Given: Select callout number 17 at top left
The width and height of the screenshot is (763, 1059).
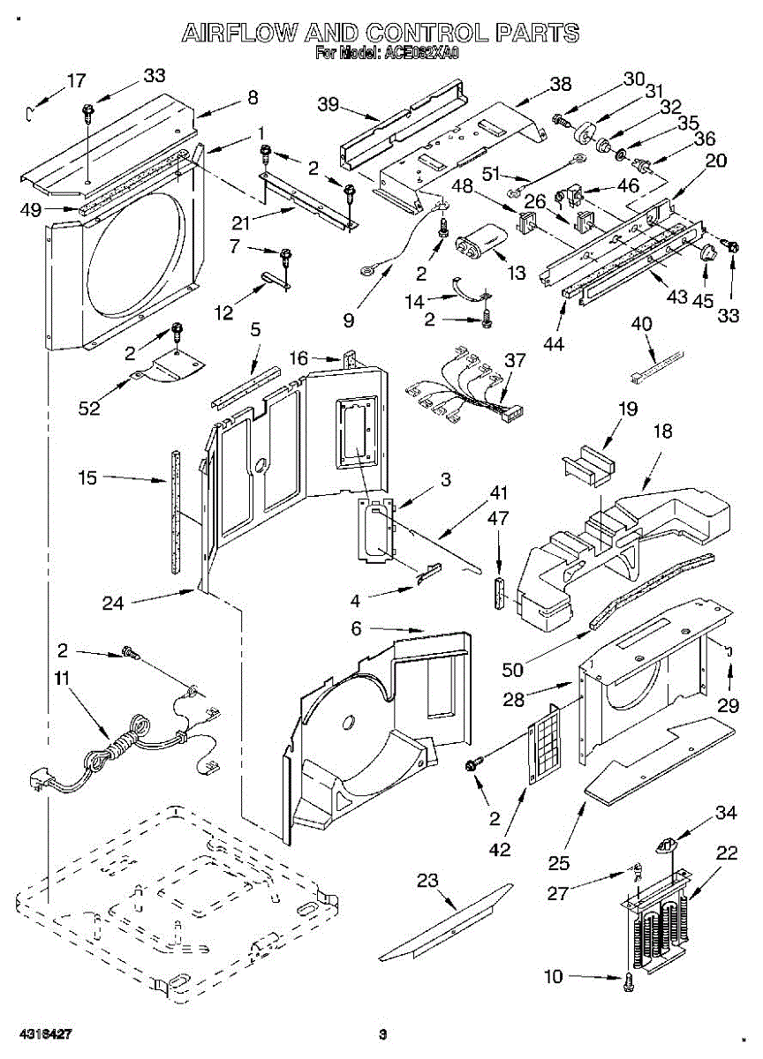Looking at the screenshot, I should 77,80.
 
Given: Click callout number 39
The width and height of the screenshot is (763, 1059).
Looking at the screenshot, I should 329,104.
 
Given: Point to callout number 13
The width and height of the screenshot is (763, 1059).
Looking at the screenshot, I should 517,273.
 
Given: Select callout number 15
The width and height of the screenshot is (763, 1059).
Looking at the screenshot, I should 87,478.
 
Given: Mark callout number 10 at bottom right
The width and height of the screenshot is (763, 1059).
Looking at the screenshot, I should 553,976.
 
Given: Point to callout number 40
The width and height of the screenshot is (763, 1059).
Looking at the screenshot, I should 642,324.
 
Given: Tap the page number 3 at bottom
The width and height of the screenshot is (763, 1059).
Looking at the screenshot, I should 382,1034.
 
